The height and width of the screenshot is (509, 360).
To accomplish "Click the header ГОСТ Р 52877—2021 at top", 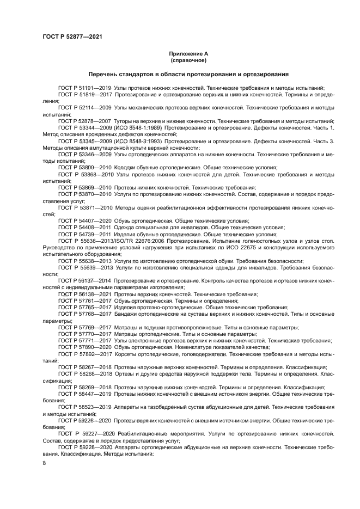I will pyautogui.click(x=72, y=36).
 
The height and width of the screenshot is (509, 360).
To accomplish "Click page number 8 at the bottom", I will pyautogui.click(x=44, y=463).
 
